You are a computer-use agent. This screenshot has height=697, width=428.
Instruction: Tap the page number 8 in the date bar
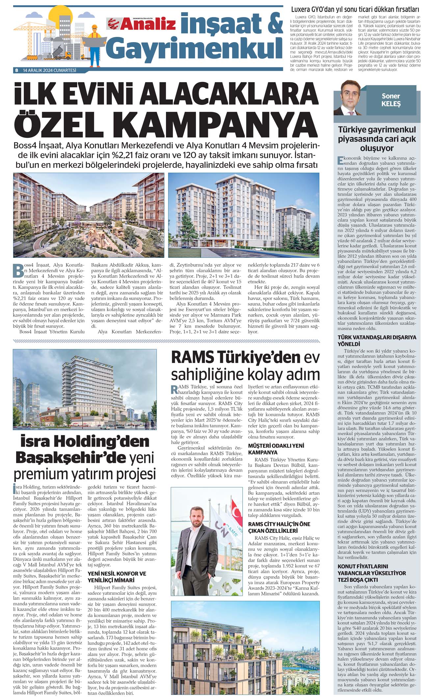click(16, 70)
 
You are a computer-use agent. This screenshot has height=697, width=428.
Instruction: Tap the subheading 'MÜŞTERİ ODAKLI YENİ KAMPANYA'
click(276, 449)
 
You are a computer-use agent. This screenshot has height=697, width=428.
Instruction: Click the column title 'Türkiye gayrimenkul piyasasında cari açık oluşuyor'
click(377, 138)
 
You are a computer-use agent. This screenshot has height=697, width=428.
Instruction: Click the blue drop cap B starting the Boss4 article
click(18, 270)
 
